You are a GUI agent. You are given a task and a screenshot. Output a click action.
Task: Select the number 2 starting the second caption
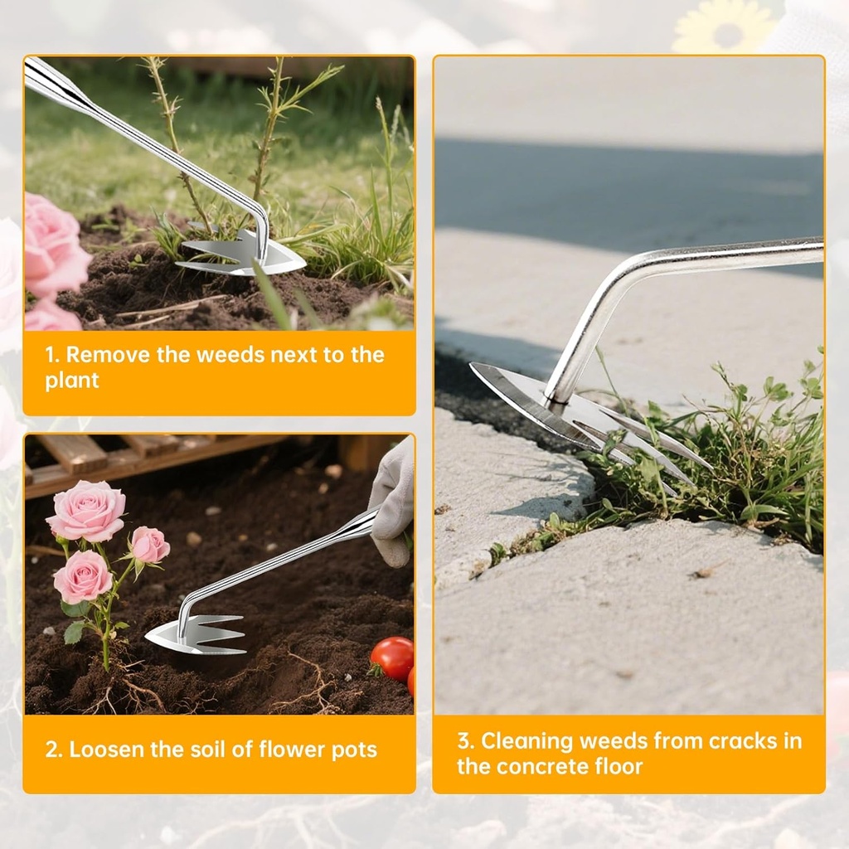51,750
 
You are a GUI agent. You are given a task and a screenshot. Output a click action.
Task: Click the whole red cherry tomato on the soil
392,658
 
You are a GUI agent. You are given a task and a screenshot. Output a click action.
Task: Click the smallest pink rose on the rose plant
150,545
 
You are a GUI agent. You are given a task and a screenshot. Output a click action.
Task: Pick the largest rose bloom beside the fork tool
87,512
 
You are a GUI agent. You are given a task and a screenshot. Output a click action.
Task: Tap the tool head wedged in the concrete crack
580,419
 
